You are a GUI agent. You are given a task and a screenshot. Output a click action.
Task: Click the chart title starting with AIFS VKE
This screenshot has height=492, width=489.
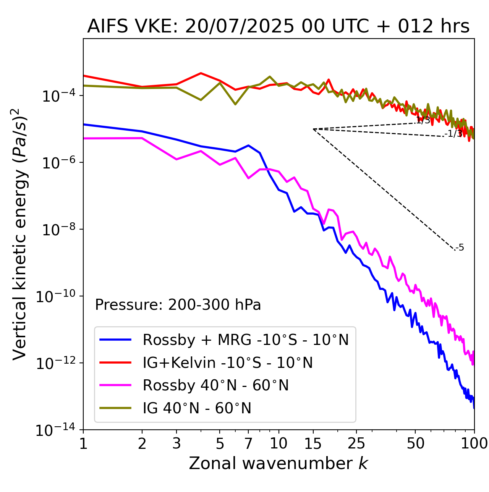click(x=278, y=27)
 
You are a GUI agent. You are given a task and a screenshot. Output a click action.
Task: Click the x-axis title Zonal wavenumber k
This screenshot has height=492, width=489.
click(x=278, y=463)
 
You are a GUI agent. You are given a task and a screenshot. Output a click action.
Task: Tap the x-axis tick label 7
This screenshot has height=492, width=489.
click(x=248, y=443)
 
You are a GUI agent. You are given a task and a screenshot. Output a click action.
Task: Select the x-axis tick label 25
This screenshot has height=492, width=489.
click(x=356, y=443)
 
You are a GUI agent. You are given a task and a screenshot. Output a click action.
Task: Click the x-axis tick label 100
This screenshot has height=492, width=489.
click(x=474, y=443)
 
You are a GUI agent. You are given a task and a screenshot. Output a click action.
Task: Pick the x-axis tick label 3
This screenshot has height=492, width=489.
click(x=176, y=443)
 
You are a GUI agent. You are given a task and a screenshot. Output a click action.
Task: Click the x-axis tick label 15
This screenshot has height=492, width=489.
click(x=313, y=443)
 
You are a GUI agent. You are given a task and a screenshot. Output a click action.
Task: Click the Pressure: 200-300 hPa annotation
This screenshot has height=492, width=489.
click(x=178, y=305)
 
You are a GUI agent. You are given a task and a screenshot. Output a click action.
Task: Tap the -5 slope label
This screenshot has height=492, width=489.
click(x=460, y=248)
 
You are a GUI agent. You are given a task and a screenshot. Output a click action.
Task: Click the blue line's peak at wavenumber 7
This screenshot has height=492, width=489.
click(x=248, y=145)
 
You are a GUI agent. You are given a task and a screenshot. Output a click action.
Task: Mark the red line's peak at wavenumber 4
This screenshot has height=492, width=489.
click(x=201, y=73)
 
